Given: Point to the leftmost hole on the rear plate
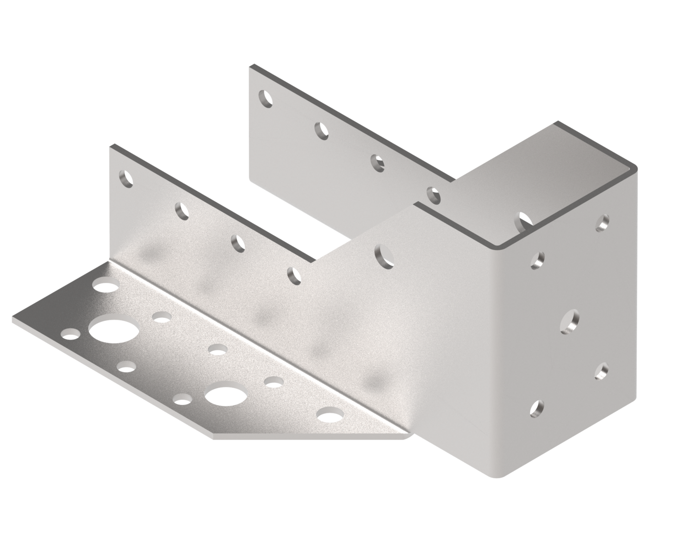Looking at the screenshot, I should (x=265, y=99).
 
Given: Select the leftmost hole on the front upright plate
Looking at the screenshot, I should (x=125, y=180).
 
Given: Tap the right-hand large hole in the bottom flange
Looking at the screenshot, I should (x=223, y=397).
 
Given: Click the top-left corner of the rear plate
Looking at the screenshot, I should (x=251, y=66).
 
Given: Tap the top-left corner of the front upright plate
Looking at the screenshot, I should (x=110, y=146).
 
